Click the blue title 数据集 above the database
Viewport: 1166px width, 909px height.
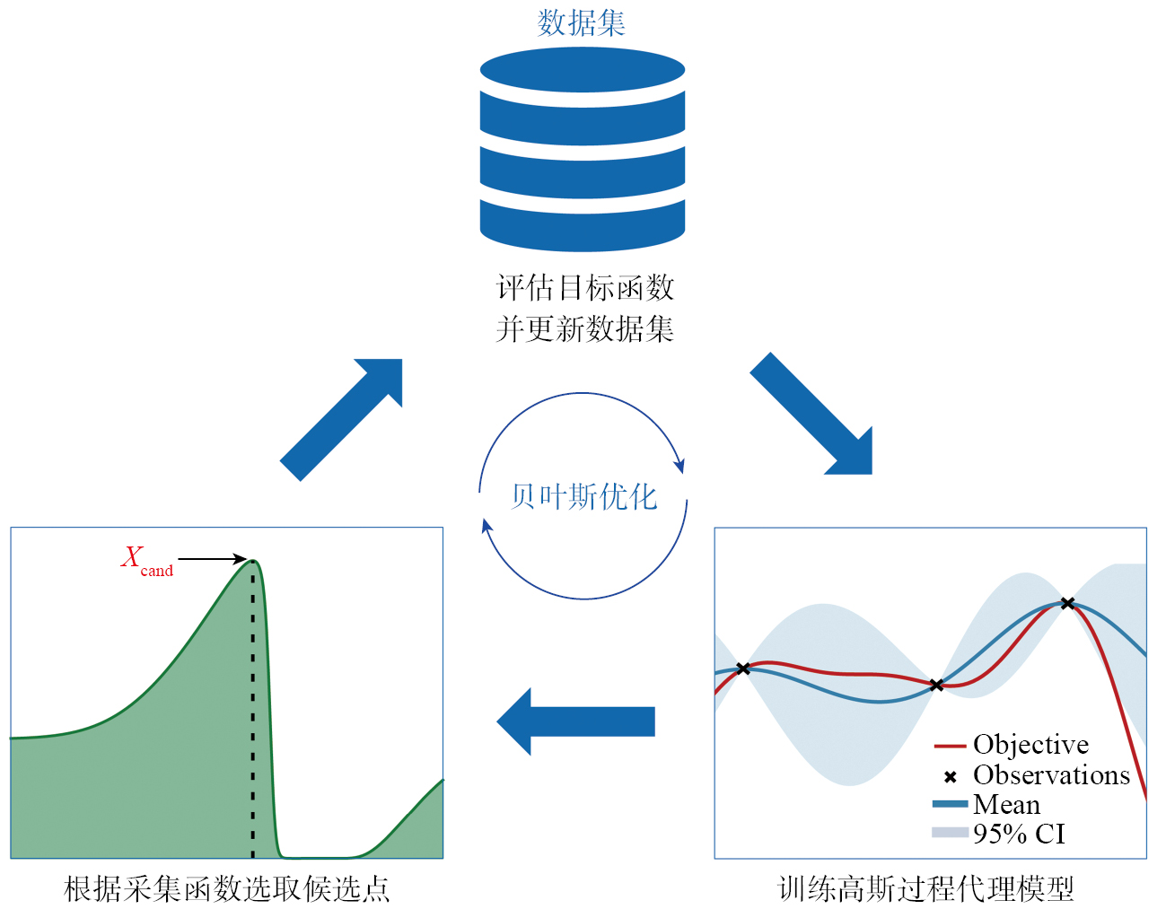[x=582, y=22]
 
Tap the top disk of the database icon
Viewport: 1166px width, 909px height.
[x=583, y=70]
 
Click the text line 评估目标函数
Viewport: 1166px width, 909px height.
[x=584, y=288]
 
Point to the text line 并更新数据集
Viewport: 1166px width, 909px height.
[x=584, y=329]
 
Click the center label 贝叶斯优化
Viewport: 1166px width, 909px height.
[x=584, y=496]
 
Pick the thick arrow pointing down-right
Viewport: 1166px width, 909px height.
[x=811, y=413]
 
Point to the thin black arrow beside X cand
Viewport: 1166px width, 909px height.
[x=212, y=559]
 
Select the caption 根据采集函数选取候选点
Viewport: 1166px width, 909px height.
[x=227, y=888]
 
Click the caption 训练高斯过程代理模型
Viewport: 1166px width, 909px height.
[x=925, y=888]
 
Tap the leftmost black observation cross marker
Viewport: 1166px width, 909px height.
[x=743, y=669]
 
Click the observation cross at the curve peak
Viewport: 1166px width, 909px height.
[x=1067, y=603]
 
